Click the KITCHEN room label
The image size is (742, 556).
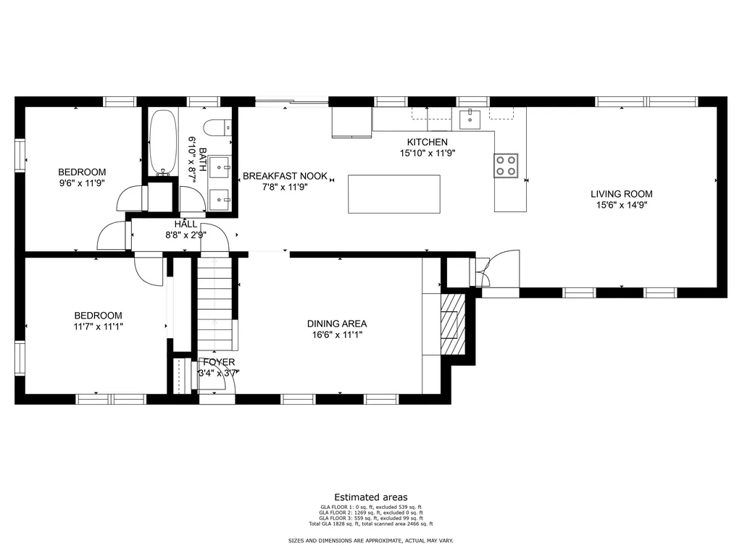tap(428, 142)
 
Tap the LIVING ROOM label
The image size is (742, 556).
tap(621, 194)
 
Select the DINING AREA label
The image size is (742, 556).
tap(337, 324)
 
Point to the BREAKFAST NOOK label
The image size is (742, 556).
tap(285, 176)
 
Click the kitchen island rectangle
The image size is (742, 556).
tap(394, 194)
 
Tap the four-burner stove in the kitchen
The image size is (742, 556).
tap(506, 166)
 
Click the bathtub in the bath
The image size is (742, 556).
tap(163, 143)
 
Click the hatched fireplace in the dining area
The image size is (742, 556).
tap(453, 324)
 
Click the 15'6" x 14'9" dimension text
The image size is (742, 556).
tap(621, 205)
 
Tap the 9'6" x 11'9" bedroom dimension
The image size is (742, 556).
tap(82, 183)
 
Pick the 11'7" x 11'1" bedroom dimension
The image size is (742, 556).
tap(98, 327)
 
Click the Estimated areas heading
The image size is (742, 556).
tap(371, 497)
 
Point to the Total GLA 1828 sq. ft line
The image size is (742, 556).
tap(371, 524)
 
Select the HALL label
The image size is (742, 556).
tap(185, 224)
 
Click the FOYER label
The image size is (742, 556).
tap(219, 362)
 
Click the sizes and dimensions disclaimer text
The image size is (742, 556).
tap(371, 540)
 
